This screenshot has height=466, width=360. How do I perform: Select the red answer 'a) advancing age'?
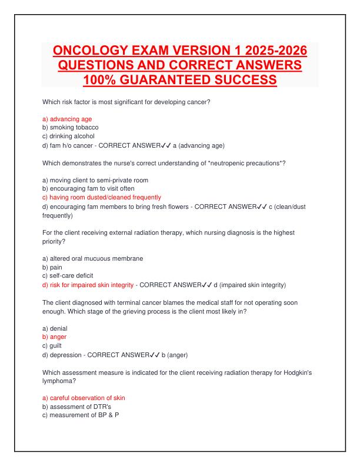tap(64, 118)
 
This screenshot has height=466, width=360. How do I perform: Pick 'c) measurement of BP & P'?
tap(77, 415)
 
